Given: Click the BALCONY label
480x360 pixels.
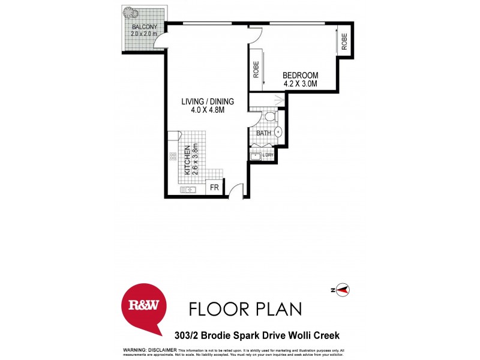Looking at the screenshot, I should pos(144,27).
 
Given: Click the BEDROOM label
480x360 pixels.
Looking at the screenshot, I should pos(300,75).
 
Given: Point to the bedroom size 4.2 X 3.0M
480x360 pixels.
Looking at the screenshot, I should pos(300,84).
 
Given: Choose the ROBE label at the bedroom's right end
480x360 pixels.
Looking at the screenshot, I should pos(344,41).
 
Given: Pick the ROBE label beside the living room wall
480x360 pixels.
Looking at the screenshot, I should pos(256,71).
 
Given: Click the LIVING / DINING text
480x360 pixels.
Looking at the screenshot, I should pos(208,101).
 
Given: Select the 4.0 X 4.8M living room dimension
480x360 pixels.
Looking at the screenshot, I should pos(208,110).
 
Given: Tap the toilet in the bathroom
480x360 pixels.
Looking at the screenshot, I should pos(269,116).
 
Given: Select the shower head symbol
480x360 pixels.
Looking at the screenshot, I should pos(278,100).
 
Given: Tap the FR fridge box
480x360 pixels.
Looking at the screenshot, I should pos(214,188).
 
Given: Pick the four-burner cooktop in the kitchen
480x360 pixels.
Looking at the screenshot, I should pos(173,157).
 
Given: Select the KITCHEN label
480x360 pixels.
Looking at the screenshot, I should pos(187,160).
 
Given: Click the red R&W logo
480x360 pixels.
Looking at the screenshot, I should pos(144,305).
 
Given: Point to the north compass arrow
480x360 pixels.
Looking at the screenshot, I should pos(343,290).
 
